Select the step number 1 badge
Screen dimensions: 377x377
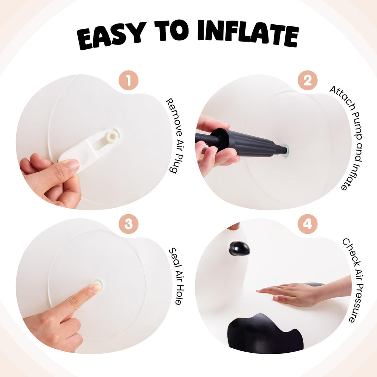pyautogui.click(x=128, y=80)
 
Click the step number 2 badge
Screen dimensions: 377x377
pyautogui.click(x=307, y=80)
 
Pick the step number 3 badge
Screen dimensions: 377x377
pyautogui.click(x=128, y=224)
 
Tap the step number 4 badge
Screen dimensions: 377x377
pyautogui.click(x=307, y=224)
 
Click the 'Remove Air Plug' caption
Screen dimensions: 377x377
pyautogui.click(x=175, y=136)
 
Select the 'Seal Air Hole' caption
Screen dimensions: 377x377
pyautogui.click(x=176, y=276)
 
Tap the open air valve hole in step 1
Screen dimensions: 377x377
pyautogui.click(x=112, y=137)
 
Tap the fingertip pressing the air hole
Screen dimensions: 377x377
pyautogui.click(x=95, y=287)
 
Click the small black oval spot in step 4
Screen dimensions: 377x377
pyautogui.click(x=239, y=249)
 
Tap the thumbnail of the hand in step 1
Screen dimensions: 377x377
pyautogui.click(x=73, y=165)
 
